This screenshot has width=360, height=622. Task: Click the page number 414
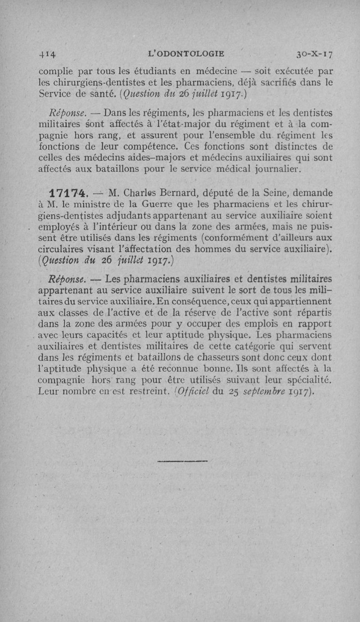point(47,55)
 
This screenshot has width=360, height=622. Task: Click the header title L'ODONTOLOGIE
point(186,54)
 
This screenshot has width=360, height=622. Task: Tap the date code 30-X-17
point(314,55)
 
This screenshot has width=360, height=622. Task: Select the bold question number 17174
point(68,193)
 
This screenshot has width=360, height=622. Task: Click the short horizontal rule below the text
point(183,461)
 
